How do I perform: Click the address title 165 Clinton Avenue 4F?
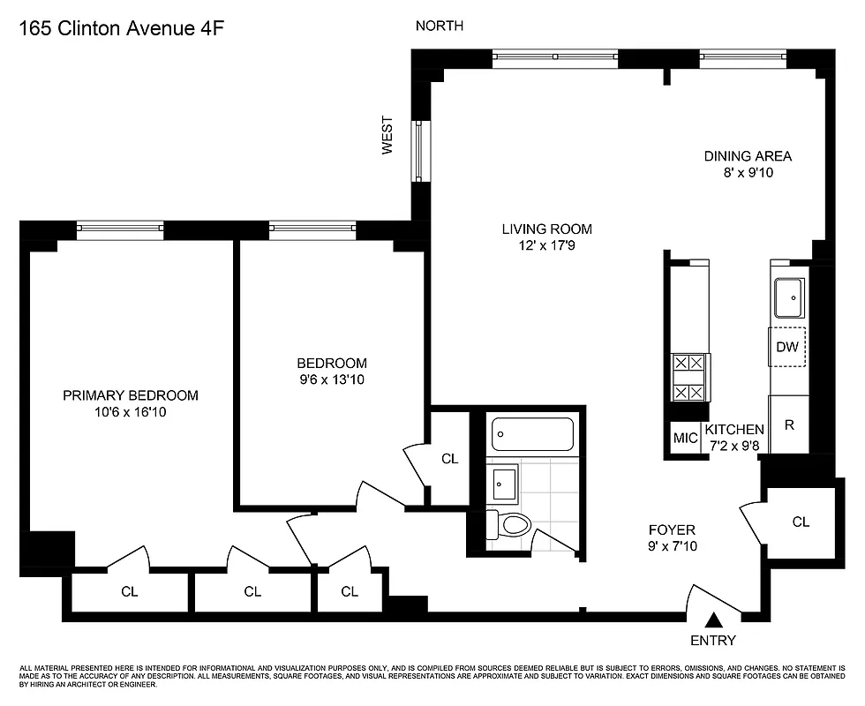coord(120,27)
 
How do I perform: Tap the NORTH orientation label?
coord(440,26)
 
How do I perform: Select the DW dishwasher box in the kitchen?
coord(787,347)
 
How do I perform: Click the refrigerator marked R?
coord(789,424)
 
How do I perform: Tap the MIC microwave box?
coord(685,438)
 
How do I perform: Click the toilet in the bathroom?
coord(513,525)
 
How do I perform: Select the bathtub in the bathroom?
coord(532,434)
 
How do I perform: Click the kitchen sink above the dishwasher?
coord(787,297)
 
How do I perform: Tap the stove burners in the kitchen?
coord(688,377)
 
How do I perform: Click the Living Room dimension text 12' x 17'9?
coord(546,246)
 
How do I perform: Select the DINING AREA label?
coord(748,156)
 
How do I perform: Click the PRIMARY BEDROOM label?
coord(131,395)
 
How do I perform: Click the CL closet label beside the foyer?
coord(800,522)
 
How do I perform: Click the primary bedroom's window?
coord(120,229)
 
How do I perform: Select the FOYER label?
coord(672,529)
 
